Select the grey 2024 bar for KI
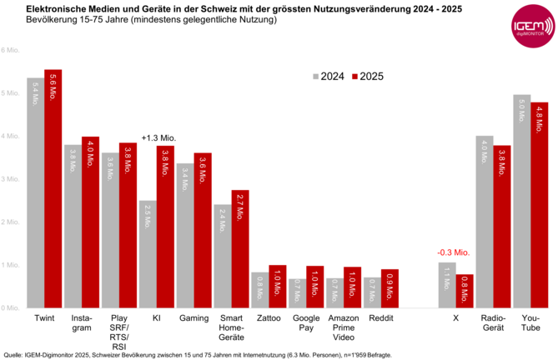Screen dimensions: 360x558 click(x=148, y=254)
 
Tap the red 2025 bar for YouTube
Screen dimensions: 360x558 click(x=539, y=205)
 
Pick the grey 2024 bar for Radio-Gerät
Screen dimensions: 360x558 click(x=484, y=222)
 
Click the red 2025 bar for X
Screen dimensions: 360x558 click(x=464, y=291)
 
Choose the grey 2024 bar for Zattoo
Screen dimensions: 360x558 click(x=260, y=290)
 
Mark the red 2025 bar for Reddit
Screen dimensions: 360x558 click(x=390, y=288)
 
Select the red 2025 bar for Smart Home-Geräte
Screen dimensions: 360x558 click(x=240, y=249)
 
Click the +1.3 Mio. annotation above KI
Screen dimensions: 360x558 click(x=157, y=138)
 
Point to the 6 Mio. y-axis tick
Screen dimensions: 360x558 click(x=10, y=50)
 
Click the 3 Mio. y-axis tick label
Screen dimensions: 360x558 click(x=10, y=179)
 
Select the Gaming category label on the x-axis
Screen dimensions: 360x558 click(x=194, y=318)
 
